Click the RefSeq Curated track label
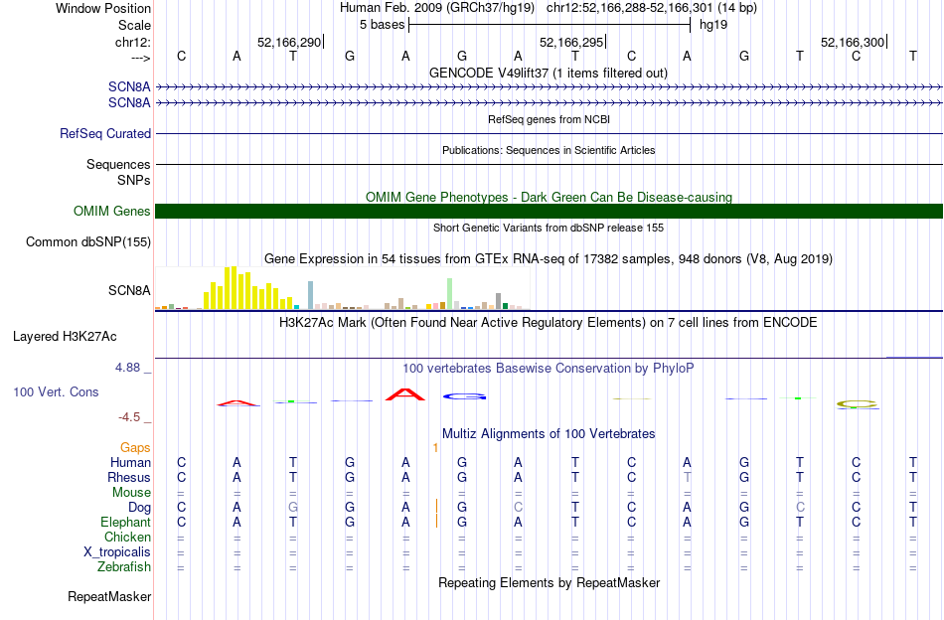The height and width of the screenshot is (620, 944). click(x=105, y=133)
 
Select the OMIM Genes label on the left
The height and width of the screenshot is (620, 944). click(x=112, y=211)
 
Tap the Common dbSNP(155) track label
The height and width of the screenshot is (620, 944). click(x=88, y=241)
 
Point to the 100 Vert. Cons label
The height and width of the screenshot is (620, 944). click(x=56, y=392)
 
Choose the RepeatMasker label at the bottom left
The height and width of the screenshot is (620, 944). click(x=109, y=597)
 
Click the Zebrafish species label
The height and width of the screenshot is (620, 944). click(x=125, y=567)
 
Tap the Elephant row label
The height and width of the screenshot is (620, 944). click(x=125, y=523)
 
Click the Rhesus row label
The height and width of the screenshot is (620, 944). click(x=128, y=478)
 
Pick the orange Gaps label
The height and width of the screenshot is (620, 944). click(x=135, y=448)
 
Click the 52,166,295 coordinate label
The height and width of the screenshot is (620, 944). click(x=570, y=43)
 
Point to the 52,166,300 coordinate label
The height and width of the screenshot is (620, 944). click(x=852, y=43)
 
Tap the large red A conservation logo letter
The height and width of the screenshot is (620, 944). click(x=405, y=394)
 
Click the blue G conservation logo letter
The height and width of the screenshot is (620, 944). click(x=464, y=396)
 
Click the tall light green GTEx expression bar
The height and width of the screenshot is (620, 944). click(x=450, y=293)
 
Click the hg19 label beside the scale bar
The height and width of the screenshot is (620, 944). click(x=713, y=24)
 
